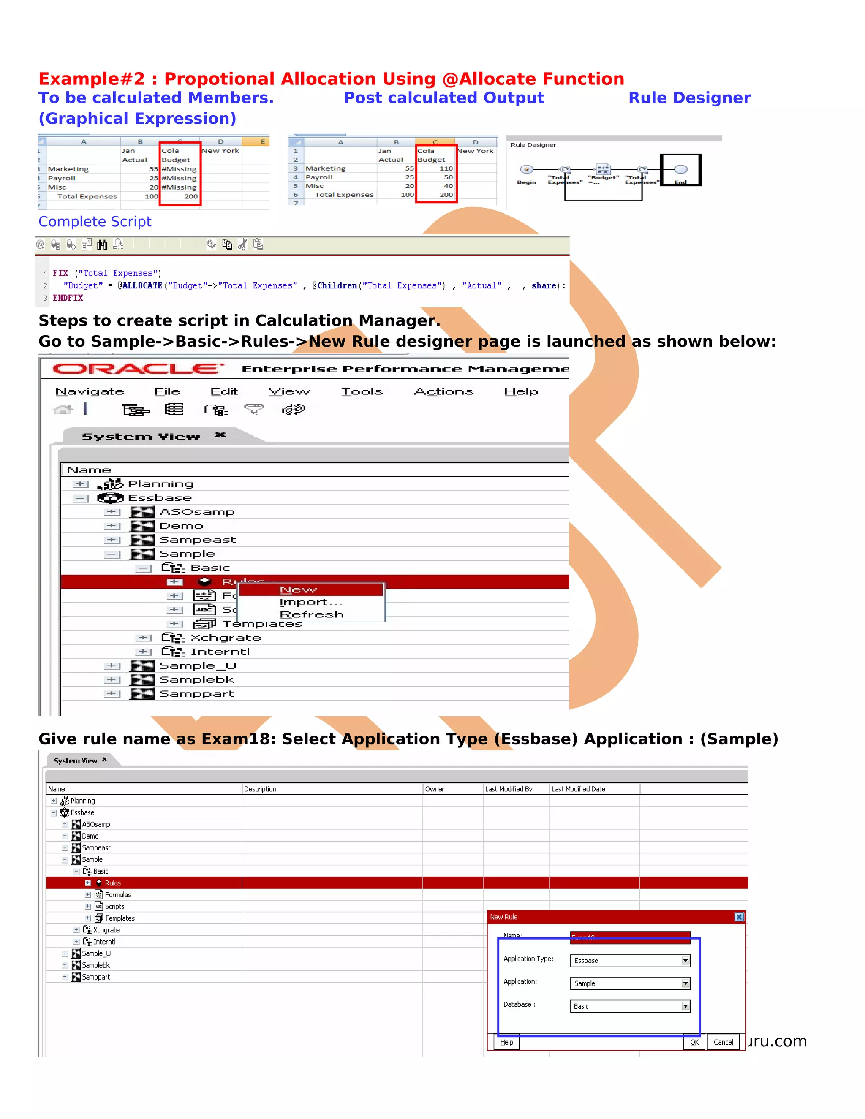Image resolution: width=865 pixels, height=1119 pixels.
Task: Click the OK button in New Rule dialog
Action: point(694,1042)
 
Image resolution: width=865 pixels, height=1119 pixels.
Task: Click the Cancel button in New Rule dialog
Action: point(723,1042)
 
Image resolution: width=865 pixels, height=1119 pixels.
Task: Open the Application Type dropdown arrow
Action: point(685,961)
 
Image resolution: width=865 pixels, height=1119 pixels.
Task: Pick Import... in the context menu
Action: point(310,602)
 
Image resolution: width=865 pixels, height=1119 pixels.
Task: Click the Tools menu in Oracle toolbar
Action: point(362,391)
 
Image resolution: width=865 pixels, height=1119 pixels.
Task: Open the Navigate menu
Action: point(90,391)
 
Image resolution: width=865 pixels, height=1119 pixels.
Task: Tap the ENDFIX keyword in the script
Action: point(68,298)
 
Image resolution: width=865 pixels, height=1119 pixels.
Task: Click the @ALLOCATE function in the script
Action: point(140,286)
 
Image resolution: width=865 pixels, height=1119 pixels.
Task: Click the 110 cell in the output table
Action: point(446,168)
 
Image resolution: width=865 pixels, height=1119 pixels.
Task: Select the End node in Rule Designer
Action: point(680,170)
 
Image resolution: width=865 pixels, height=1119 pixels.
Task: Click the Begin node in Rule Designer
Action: point(526,170)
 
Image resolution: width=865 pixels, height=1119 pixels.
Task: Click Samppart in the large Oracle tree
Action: point(197,694)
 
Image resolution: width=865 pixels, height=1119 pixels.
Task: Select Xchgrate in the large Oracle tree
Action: point(226,638)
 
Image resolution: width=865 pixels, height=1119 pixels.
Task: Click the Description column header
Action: point(260,789)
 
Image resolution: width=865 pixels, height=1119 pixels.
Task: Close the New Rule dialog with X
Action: point(739,917)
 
